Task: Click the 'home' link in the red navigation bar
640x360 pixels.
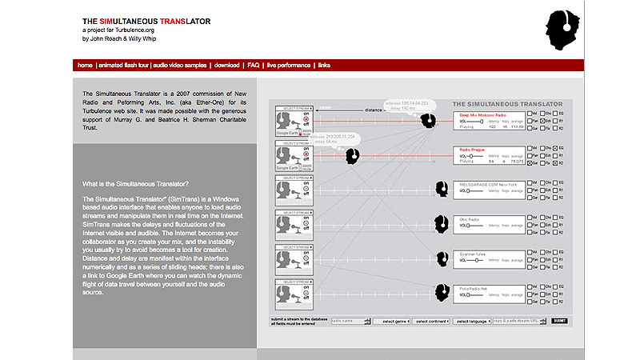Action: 85,65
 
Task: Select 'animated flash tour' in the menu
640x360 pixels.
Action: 122,65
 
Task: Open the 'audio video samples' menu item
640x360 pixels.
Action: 181,65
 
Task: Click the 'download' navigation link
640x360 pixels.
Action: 227,65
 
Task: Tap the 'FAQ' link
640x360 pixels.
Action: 254,65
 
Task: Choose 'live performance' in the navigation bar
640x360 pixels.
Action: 289,65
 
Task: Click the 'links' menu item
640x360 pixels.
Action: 324,65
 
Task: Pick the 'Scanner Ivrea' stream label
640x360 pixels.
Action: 474,254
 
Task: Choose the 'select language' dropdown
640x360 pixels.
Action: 472,321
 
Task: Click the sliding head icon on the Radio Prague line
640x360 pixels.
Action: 351,156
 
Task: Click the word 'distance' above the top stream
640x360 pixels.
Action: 374,110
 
